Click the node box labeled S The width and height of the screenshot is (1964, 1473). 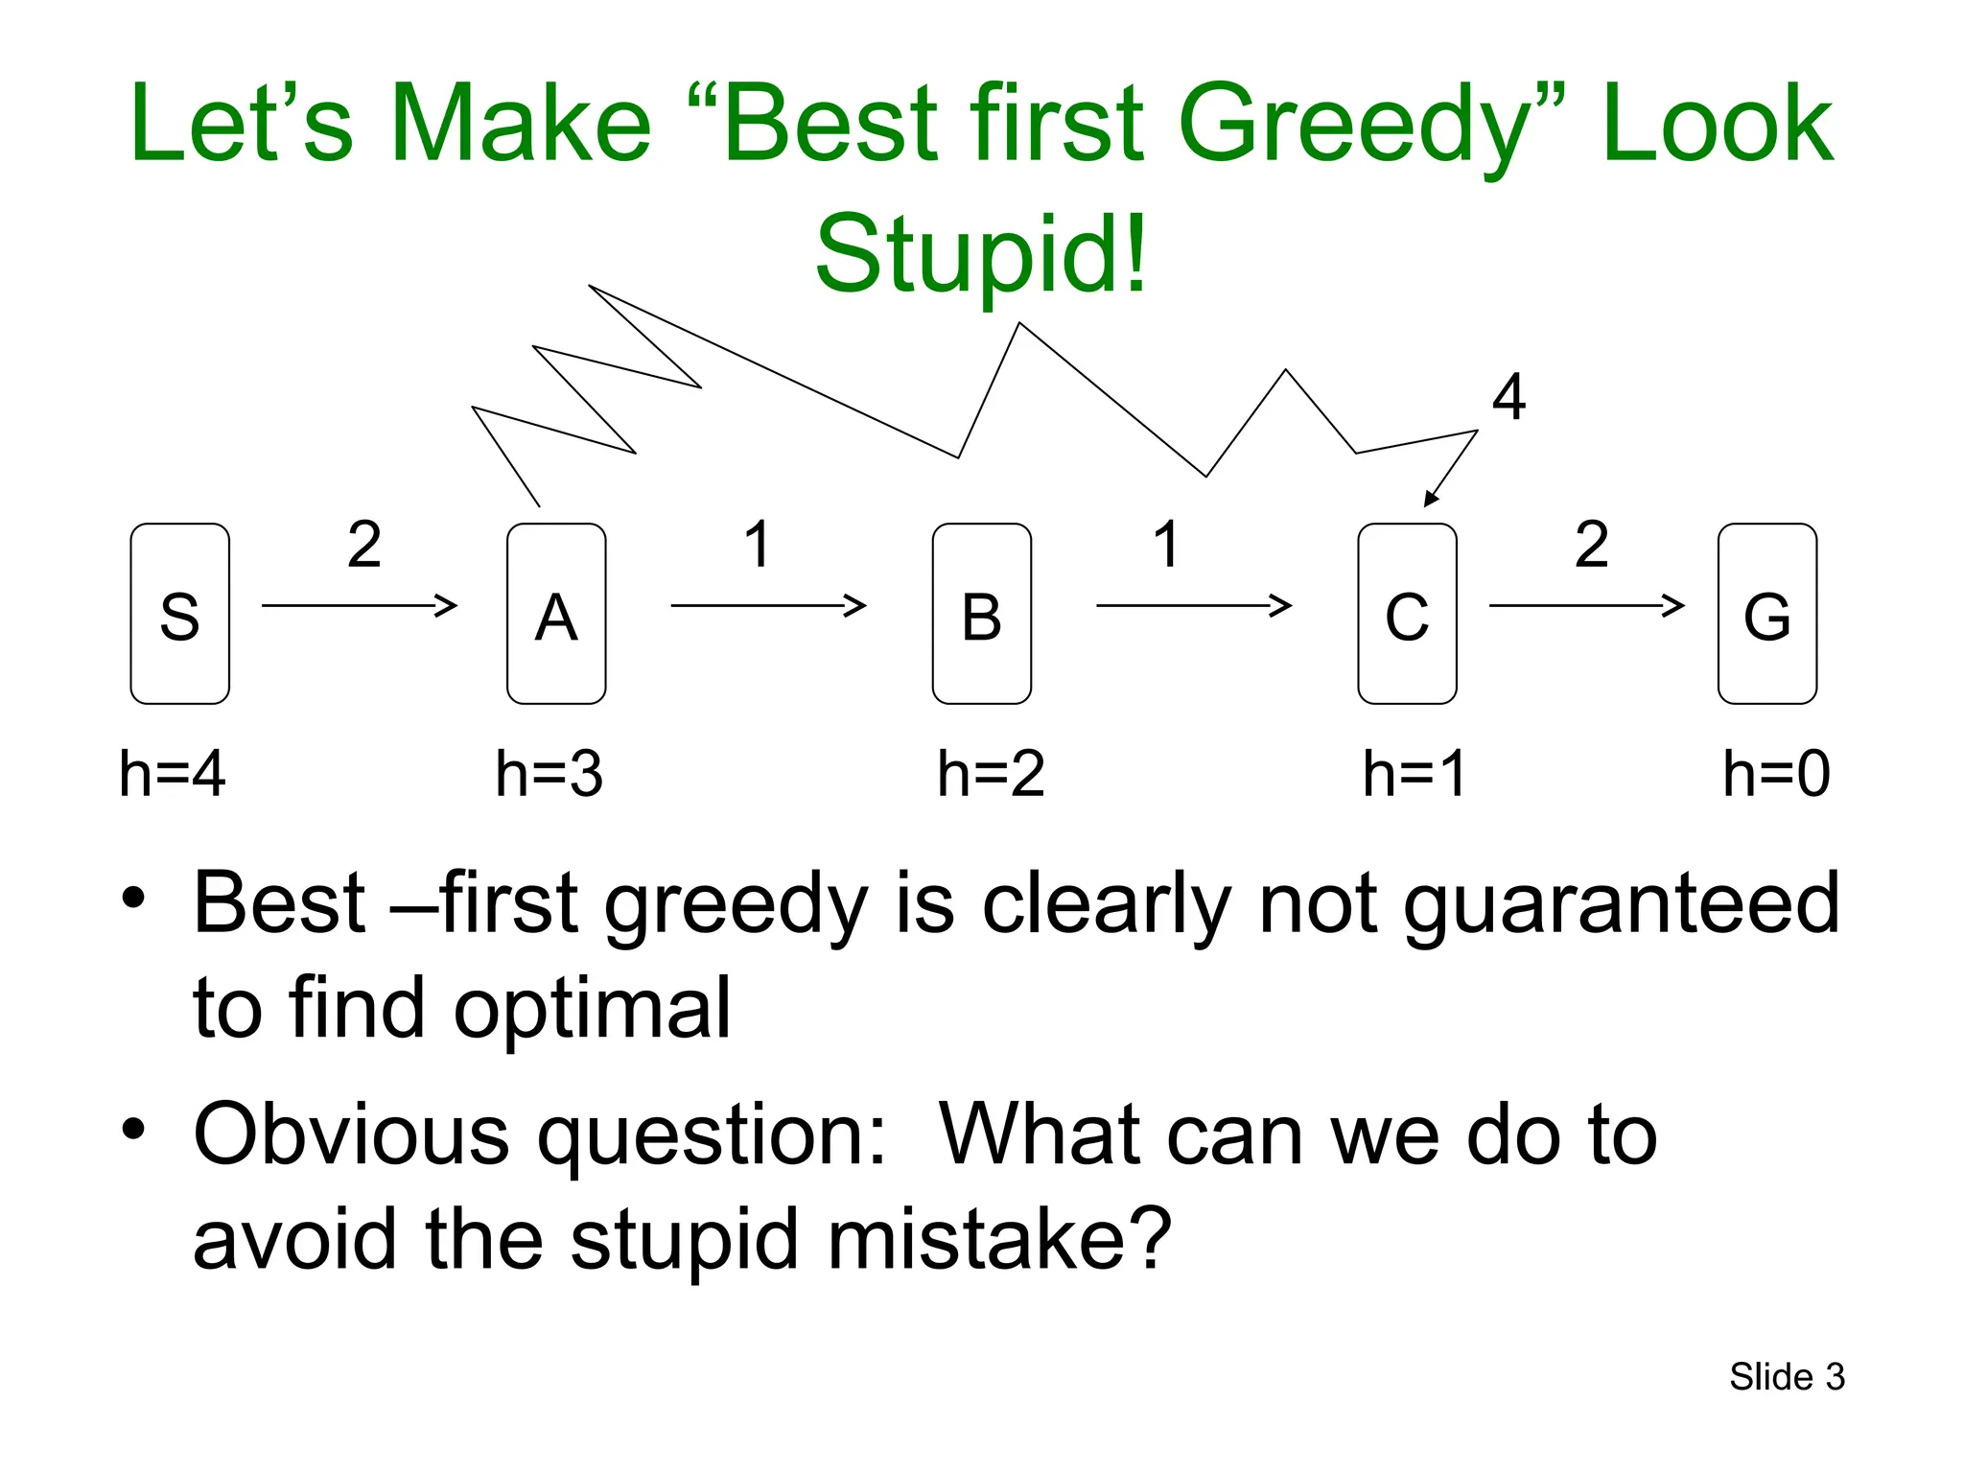(179, 614)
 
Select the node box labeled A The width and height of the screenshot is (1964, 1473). (556, 614)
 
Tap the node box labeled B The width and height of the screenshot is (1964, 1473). (981, 614)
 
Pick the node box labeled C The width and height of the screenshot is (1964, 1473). (1407, 614)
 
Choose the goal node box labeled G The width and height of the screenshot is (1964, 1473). (1766, 614)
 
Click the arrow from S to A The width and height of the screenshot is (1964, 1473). (359, 605)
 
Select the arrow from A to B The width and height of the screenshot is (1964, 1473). (767, 605)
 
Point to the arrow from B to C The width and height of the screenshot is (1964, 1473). (1193, 605)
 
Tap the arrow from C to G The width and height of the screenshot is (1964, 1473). (1586, 605)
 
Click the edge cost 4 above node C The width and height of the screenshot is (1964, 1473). (1508, 397)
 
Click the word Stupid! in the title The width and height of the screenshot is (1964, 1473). (981, 254)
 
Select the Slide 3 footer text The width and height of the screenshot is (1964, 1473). (1787, 1377)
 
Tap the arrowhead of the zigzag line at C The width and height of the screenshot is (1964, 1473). (1431, 499)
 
